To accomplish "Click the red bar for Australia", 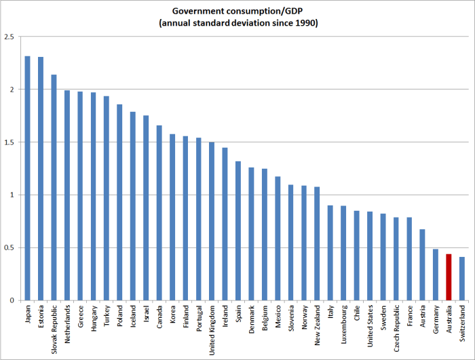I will (449, 277).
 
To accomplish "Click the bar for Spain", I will (238, 231).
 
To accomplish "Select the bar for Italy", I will (330, 252).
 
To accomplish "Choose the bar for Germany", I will (436, 275).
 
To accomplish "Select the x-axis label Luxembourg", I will (344, 324).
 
